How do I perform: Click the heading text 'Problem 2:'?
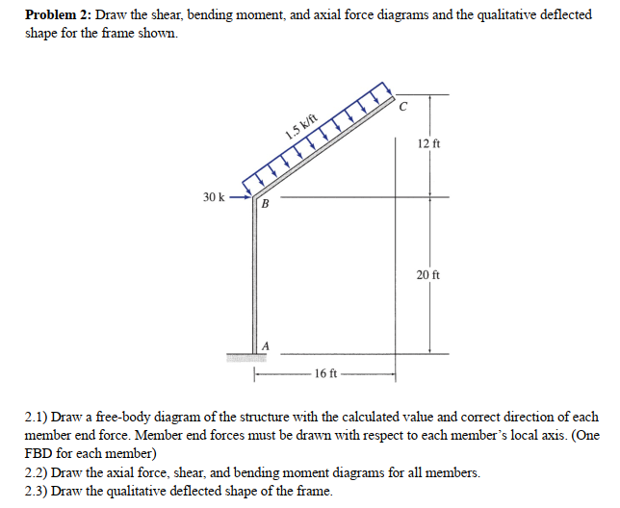pyautogui.click(x=58, y=16)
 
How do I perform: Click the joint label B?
pyautogui.click(x=267, y=206)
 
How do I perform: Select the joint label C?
pyautogui.click(x=406, y=106)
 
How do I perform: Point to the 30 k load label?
pyautogui.click(x=215, y=197)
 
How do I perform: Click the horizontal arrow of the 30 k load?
pyautogui.click(x=240, y=197)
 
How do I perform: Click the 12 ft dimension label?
pyautogui.click(x=429, y=143)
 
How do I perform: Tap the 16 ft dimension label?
pyautogui.click(x=324, y=373)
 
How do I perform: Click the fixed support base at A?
pyautogui.click(x=245, y=357)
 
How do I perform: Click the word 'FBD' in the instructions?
pyautogui.click(x=41, y=452)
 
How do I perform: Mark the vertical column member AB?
pyautogui.click(x=256, y=279)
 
